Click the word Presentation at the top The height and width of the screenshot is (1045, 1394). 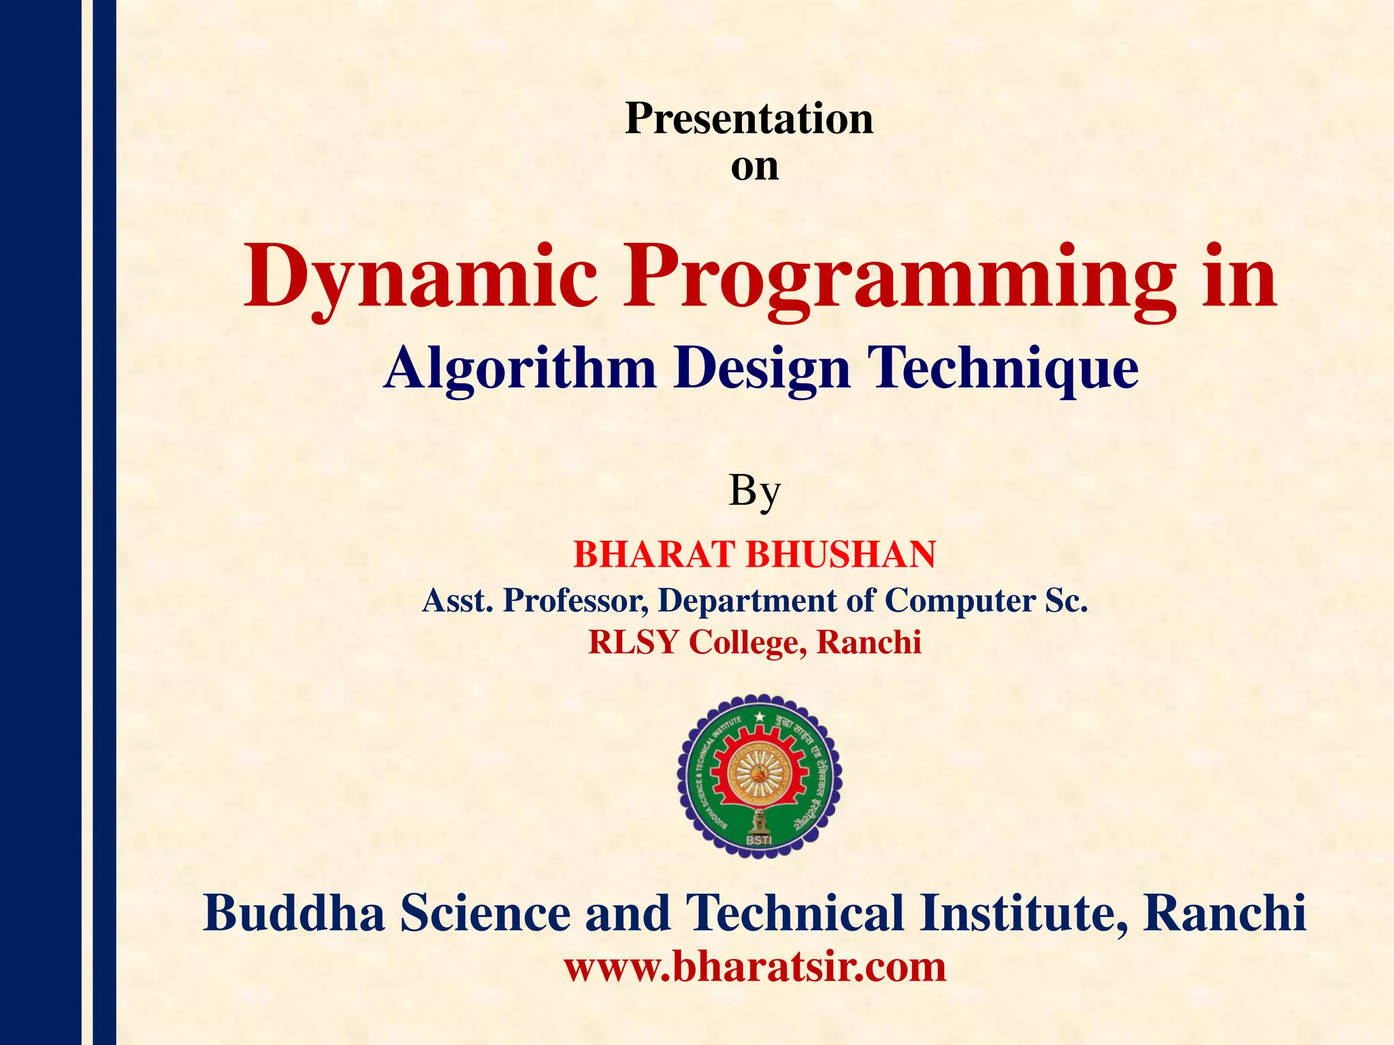[749, 119]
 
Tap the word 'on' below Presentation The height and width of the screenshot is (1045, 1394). [754, 167]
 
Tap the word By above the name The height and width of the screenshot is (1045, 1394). [754, 491]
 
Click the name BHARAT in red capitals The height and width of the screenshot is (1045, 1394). [651, 554]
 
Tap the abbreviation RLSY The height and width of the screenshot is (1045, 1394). [634, 642]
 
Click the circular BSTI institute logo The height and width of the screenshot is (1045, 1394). [759, 776]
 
